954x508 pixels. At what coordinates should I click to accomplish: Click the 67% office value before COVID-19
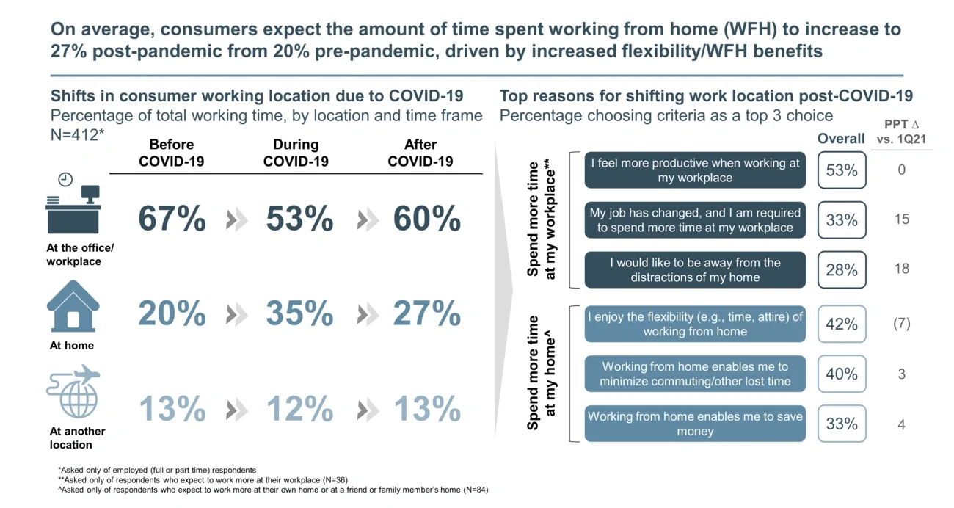click(x=172, y=219)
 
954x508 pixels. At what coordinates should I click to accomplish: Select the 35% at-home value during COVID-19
click(x=299, y=314)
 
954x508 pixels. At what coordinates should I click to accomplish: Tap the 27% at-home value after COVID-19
click(x=426, y=314)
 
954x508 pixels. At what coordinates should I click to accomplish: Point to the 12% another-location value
click(x=299, y=410)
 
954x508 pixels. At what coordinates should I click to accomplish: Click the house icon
click(x=73, y=306)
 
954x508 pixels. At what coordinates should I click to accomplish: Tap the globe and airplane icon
click(x=73, y=392)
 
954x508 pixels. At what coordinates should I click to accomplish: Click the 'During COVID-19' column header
click(x=296, y=153)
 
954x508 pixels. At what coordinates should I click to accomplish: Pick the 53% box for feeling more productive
click(x=841, y=170)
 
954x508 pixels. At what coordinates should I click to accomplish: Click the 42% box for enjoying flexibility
click(x=841, y=324)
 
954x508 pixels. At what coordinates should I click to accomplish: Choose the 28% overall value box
click(x=841, y=270)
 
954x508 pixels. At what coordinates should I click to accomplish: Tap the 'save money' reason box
click(x=694, y=424)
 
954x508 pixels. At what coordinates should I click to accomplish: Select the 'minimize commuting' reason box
click(x=694, y=374)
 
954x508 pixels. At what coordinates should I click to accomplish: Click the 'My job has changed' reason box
click(x=694, y=220)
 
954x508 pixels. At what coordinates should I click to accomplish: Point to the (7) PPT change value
click(x=901, y=324)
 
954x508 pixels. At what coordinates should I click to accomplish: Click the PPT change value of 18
click(x=901, y=269)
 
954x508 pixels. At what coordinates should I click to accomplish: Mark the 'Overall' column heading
click(x=841, y=139)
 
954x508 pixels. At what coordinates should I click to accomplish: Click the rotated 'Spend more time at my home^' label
click(x=542, y=373)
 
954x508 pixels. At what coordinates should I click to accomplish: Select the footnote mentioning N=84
click(x=272, y=490)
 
